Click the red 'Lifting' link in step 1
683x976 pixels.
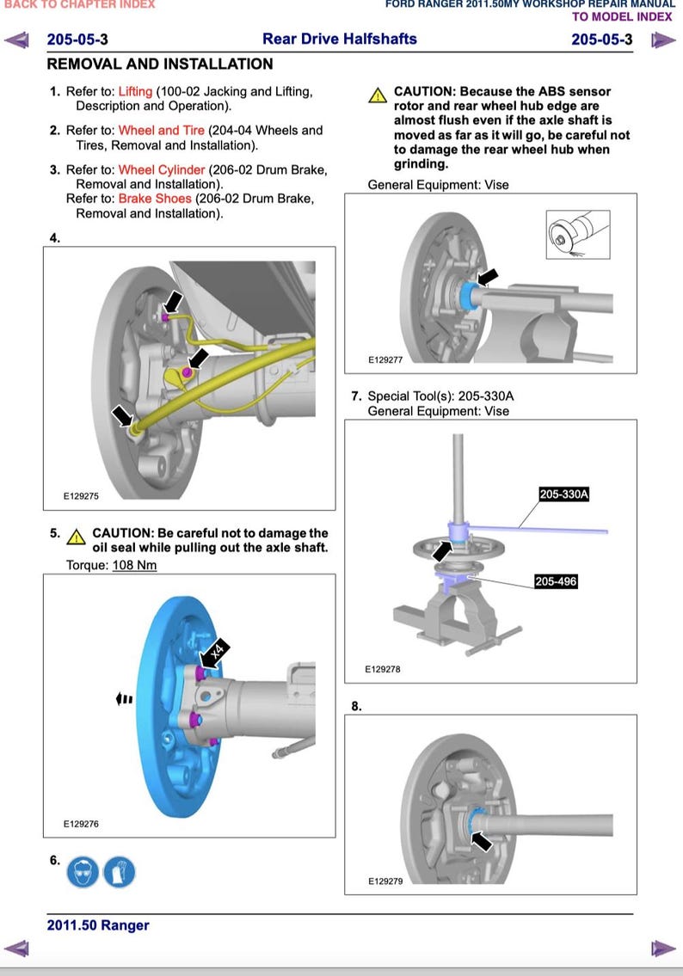[135, 91]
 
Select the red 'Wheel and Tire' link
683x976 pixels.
[162, 131]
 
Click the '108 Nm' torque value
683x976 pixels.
[134, 565]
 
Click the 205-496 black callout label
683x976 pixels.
[556, 582]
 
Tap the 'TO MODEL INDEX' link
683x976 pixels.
[623, 16]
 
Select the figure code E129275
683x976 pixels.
[82, 496]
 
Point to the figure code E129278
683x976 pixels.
[383, 669]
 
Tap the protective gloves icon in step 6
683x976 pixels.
[119, 871]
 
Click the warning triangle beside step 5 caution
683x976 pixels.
[76, 537]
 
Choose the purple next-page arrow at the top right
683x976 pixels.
[662, 40]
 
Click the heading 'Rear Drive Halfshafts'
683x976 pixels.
[339, 39]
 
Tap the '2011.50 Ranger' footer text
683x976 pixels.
[98, 925]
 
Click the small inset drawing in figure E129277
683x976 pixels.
[578, 232]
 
